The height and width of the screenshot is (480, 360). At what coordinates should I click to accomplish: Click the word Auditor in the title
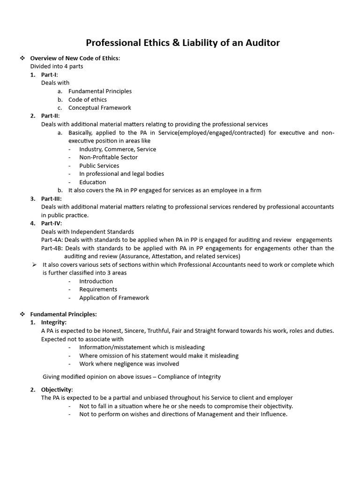261,43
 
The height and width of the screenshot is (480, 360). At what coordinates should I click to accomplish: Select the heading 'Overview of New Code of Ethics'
75,58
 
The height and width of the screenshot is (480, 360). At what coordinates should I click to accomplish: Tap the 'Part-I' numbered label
49,75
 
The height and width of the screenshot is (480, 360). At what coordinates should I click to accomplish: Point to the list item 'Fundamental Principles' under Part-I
100,91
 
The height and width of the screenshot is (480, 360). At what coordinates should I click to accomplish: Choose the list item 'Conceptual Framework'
100,108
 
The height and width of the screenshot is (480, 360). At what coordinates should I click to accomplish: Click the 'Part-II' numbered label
50,116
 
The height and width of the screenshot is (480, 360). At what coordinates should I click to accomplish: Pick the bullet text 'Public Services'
99,165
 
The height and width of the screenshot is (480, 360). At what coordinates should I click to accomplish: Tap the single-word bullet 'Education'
92,182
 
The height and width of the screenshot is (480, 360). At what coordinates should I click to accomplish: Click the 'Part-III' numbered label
51,199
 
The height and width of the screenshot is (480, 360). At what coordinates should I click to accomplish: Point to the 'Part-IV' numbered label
51,223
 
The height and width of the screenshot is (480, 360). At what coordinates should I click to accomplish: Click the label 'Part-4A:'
52,240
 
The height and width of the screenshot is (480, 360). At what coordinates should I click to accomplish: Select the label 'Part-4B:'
52,248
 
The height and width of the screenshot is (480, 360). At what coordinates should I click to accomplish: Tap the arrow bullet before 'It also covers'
34,264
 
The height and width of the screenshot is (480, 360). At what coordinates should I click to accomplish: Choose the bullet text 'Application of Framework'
114,298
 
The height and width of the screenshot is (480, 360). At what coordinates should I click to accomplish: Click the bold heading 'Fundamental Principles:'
63,314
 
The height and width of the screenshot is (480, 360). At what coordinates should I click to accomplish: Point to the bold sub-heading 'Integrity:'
53,322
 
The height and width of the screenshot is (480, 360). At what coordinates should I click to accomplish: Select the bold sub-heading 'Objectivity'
57,390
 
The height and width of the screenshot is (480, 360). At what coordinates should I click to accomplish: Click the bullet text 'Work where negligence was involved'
129,364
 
